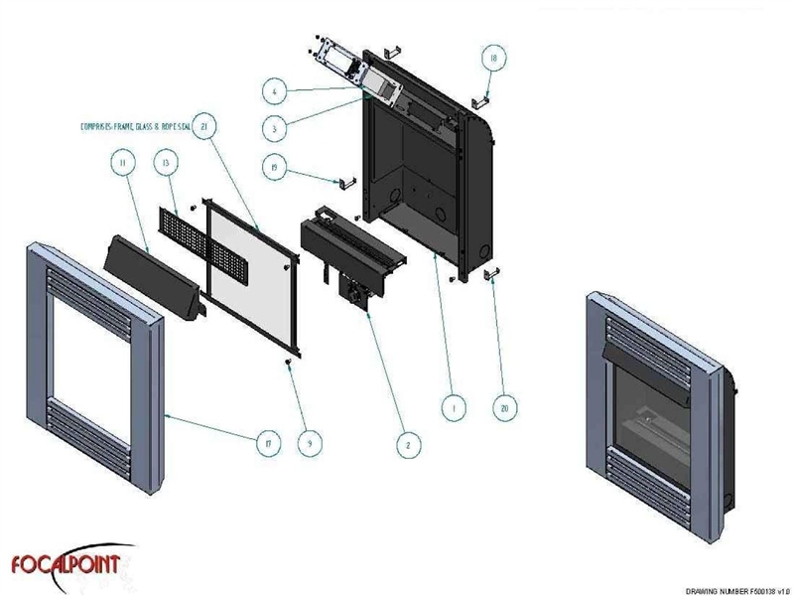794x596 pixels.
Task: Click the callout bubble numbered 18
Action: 491,59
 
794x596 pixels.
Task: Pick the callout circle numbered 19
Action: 271,168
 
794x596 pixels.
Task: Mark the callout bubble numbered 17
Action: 265,444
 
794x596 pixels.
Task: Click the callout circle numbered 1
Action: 453,406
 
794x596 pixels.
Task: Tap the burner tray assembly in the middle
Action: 352,248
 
